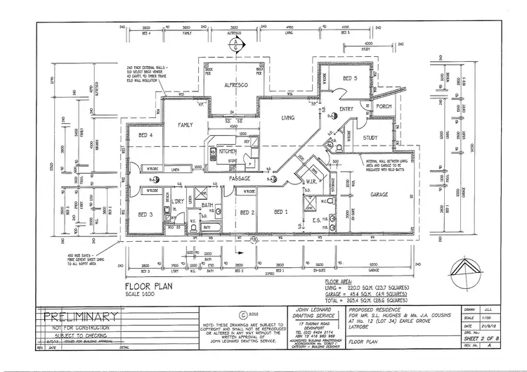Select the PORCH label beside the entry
pos(384,106)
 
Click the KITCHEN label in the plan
pos(228,151)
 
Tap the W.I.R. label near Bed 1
pos(312,182)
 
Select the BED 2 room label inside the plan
pos(247,212)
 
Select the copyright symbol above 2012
pos(243,315)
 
